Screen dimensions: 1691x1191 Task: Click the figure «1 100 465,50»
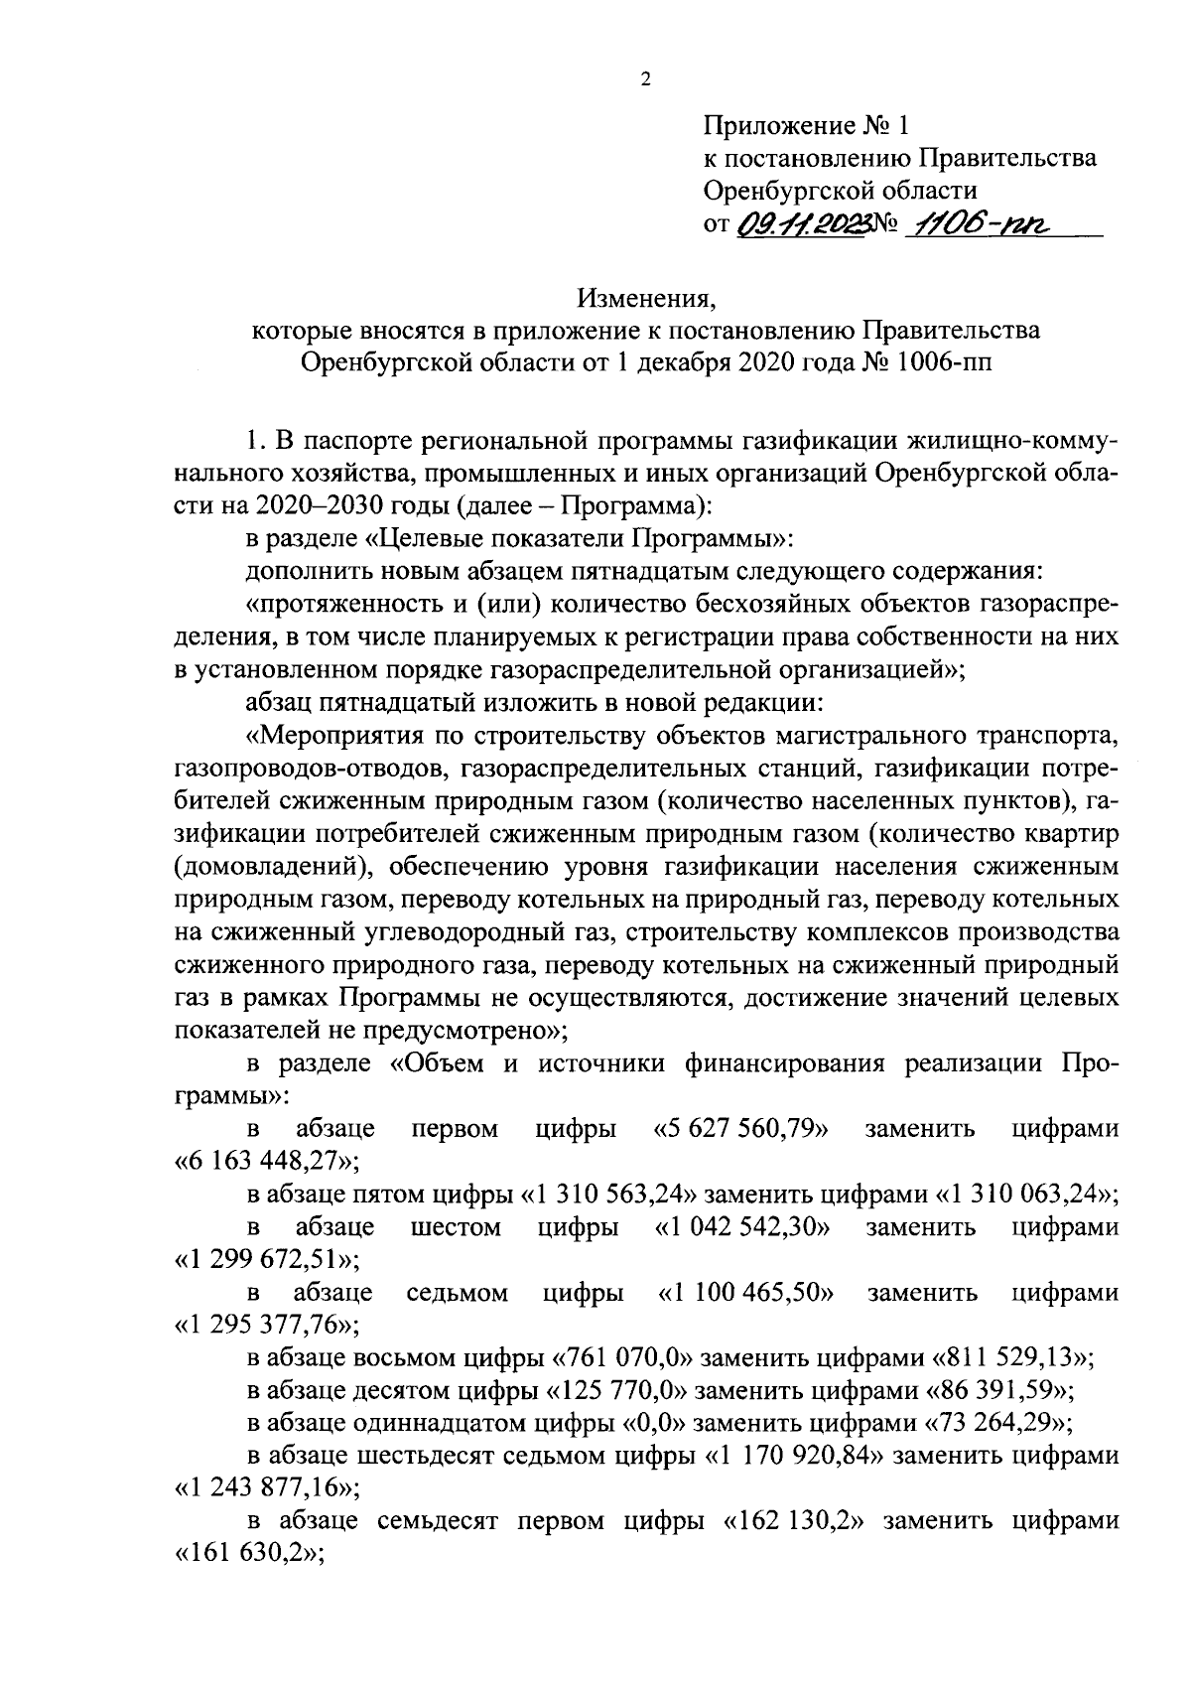pos(745,1293)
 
